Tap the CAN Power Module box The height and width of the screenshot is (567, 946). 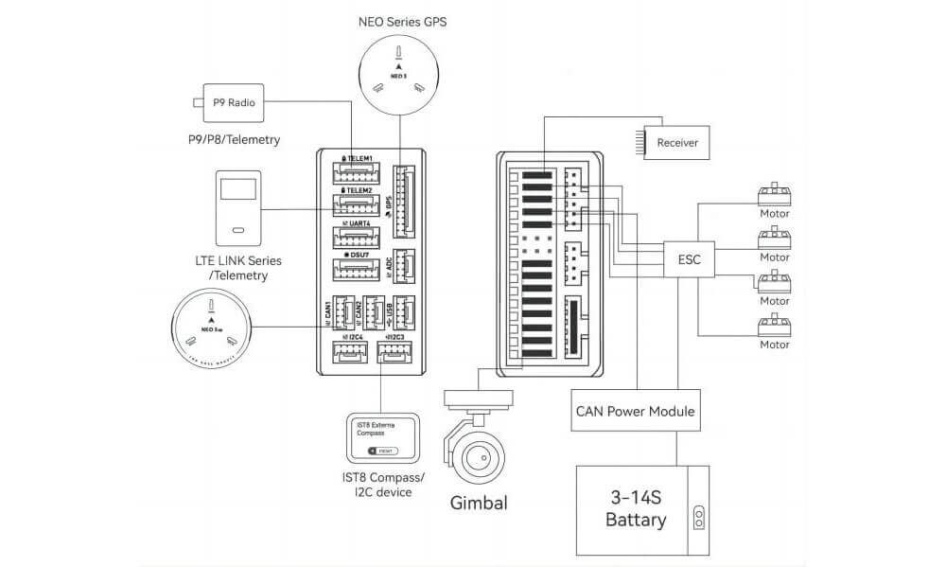[x=636, y=412]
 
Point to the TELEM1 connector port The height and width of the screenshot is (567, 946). [x=355, y=173]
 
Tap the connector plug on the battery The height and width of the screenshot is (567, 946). [x=699, y=517]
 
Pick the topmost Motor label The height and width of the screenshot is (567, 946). [x=775, y=213]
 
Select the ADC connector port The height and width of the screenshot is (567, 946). [x=403, y=264]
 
